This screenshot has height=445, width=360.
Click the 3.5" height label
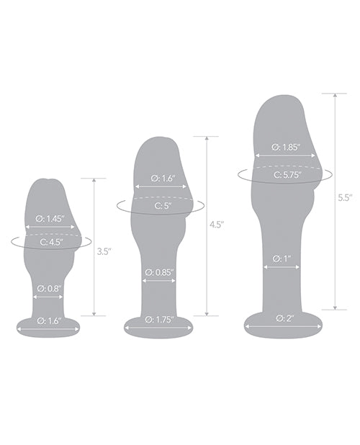[104, 252]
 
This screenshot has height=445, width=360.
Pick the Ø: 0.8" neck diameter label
[50, 289]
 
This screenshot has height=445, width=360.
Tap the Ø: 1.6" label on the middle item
[163, 178]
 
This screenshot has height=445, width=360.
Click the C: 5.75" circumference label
[285, 173]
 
